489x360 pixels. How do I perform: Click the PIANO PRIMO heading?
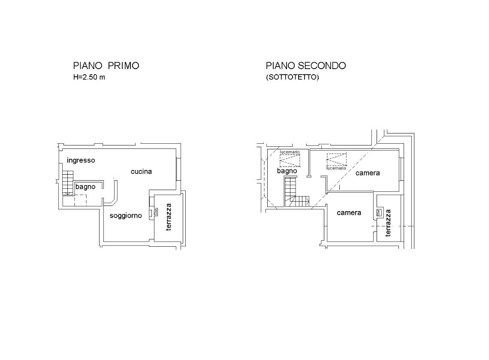tap(106, 66)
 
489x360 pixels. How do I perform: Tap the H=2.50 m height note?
tap(89, 77)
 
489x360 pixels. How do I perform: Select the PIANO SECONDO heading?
tap(306, 66)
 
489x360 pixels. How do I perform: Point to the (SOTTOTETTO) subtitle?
tap(292, 77)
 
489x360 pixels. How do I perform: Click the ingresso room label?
tap(81, 160)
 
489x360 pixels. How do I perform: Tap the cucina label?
tap(141, 171)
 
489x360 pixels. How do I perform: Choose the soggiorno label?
tap(126, 215)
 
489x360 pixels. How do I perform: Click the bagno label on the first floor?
tap(85, 187)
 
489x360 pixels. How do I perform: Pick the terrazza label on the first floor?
tap(169, 217)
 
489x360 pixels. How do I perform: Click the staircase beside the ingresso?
tap(68, 183)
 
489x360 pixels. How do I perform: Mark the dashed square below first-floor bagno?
tap(81, 200)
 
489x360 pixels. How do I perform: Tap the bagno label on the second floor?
tap(287, 171)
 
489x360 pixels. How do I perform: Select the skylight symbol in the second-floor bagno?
tap(290, 160)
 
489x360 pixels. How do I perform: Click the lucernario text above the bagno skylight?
tap(290, 152)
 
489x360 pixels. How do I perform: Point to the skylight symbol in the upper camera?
tap(336, 160)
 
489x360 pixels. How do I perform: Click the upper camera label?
tap(368, 173)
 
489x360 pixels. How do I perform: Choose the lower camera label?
tap(349, 213)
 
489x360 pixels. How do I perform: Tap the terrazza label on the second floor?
tap(388, 223)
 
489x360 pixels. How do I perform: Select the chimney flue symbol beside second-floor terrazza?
tap(379, 213)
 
